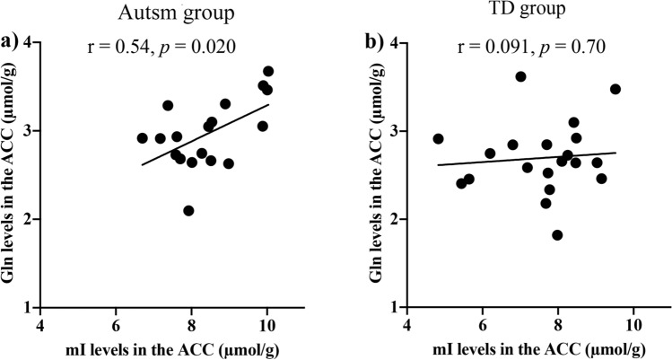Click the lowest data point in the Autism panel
point(188,211)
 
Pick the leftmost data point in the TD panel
point(438,139)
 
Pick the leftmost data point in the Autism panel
point(142,138)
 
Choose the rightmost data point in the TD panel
point(615,89)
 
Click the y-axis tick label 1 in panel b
point(397,307)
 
